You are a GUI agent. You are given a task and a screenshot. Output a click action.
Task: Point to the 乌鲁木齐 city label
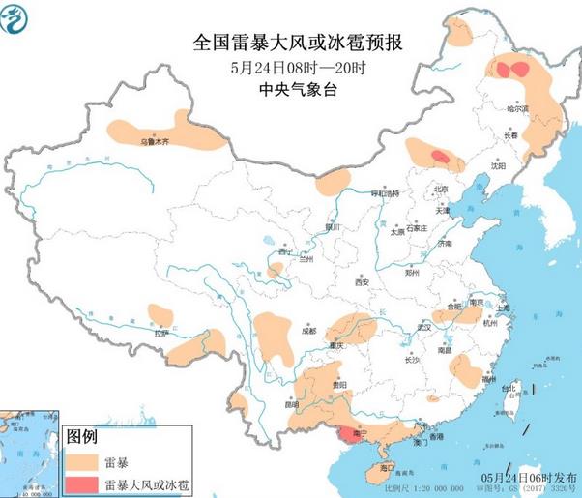tap(154, 141)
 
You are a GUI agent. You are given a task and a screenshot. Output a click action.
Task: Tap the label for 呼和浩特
tap(387, 193)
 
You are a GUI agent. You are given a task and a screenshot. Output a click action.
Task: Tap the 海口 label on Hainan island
tap(388, 467)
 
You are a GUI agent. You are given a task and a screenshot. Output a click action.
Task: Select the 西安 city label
tap(362, 282)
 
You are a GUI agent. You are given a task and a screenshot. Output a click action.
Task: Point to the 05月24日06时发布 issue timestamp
tap(529, 478)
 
